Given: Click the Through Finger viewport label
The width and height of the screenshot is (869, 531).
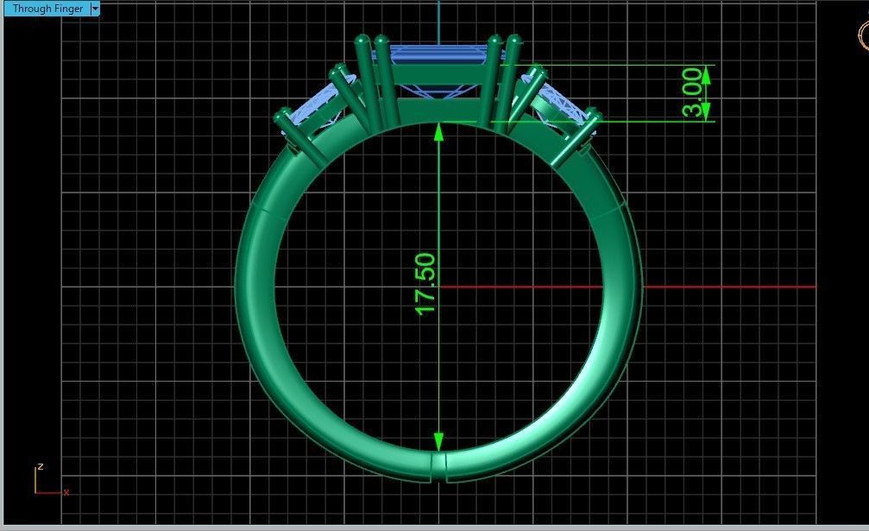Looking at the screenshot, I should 47,9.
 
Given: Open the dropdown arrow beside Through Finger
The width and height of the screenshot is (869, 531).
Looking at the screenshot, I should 95,9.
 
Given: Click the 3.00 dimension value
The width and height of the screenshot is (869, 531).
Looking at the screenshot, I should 692,92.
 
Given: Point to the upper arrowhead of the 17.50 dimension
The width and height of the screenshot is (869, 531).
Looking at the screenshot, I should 439,131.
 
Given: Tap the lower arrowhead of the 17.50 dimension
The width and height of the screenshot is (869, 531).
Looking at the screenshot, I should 439,441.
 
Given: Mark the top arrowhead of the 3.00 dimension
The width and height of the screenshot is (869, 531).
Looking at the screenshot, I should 706,73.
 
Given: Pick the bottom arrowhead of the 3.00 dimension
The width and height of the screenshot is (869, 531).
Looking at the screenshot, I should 706,112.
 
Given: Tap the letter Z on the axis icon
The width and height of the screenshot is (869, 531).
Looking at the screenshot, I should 41,467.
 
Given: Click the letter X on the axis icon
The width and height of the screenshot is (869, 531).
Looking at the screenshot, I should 66,492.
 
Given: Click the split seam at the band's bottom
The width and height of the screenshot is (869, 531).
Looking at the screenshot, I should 438,466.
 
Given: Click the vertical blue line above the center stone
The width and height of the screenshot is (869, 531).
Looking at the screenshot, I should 439,22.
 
